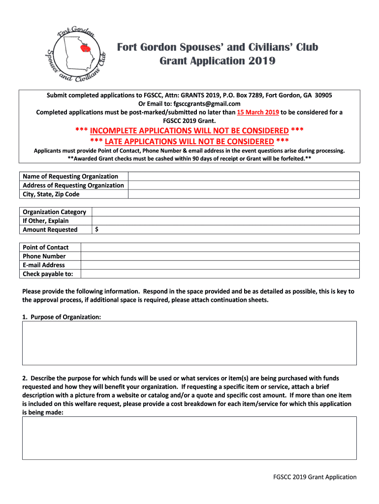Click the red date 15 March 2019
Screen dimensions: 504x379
click(x=258, y=112)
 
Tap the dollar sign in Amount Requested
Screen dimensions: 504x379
click(x=96, y=230)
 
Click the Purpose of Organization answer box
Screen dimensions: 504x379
click(x=189, y=343)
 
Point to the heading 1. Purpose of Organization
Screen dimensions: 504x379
click(x=62, y=317)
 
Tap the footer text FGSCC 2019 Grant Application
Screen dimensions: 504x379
click(x=315, y=477)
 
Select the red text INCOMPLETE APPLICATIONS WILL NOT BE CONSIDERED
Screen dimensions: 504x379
click(x=189, y=130)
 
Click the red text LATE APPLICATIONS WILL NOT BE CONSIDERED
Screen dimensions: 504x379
click(x=189, y=141)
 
